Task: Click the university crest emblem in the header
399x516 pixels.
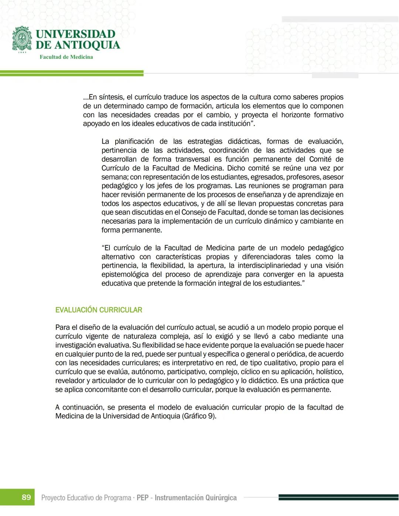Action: [x=22, y=39]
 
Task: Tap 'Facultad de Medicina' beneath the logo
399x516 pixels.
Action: [x=66, y=57]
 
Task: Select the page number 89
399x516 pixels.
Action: [x=26, y=497]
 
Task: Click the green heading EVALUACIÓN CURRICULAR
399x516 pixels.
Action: [x=99, y=310]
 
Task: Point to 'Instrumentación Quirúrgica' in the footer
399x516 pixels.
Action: [x=195, y=498]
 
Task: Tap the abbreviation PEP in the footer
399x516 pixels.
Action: [x=143, y=498]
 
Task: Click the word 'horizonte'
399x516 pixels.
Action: [x=296, y=115]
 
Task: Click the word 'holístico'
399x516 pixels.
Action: [x=329, y=372]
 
